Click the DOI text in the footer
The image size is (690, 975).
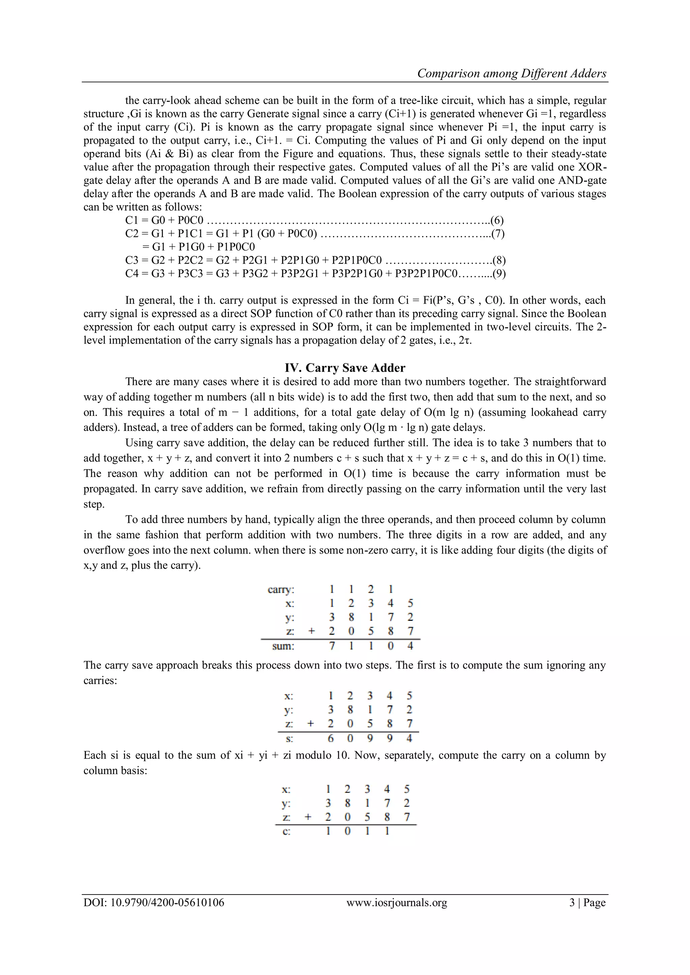pyautogui.click(x=154, y=902)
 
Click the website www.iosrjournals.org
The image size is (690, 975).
pyautogui.click(x=397, y=902)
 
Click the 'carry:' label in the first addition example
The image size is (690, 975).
pyautogui.click(x=281, y=590)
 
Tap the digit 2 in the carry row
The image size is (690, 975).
pyautogui.click(x=371, y=589)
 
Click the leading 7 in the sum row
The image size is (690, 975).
pyautogui.click(x=332, y=646)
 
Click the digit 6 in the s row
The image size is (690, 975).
pyautogui.click(x=331, y=738)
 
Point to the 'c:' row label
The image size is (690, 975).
pyautogui.click(x=286, y=832)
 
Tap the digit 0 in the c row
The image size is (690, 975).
pyautogui.click(x=347, y=831)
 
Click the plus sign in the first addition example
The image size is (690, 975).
pyautogui.click(x=311, y=631)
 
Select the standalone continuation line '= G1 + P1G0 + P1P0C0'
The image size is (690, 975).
pyautogui.click(x=198, y=247)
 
